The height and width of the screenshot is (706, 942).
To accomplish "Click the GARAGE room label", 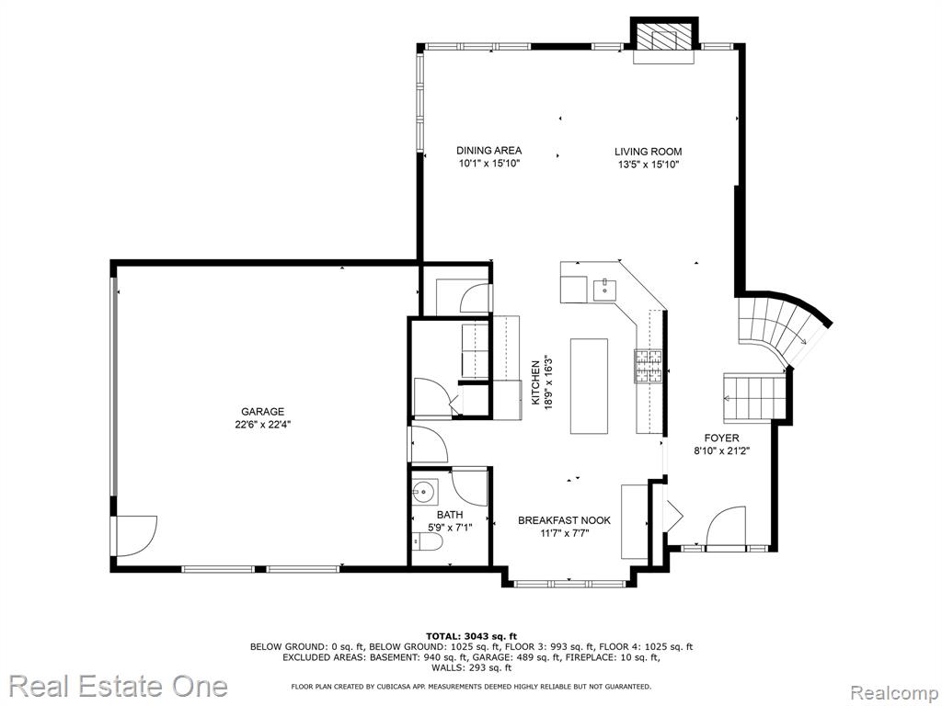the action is point(262,412).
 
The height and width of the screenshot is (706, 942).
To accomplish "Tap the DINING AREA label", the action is point(489,151).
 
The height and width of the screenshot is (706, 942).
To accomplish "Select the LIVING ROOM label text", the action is point(649,152).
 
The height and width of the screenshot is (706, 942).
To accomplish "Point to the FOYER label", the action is point(721,438).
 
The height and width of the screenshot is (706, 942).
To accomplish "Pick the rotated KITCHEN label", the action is point(535,381).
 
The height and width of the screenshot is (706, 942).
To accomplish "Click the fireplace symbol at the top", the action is point(664,40).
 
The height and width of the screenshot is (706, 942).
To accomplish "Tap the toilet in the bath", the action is point(428,542).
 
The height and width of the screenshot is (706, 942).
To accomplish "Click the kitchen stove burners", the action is point(649,366).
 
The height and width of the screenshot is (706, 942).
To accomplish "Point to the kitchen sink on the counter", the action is point(603,290).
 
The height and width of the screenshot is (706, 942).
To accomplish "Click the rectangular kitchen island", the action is point(589,386).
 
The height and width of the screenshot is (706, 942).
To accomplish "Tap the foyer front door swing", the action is point(727,527).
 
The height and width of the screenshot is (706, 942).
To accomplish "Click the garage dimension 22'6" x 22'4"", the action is point(262,425).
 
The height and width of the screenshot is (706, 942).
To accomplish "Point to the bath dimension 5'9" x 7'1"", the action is point(450,528).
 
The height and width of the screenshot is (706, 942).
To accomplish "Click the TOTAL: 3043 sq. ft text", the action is point(472,636).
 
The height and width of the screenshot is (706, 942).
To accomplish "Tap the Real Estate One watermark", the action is point(119,686).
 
